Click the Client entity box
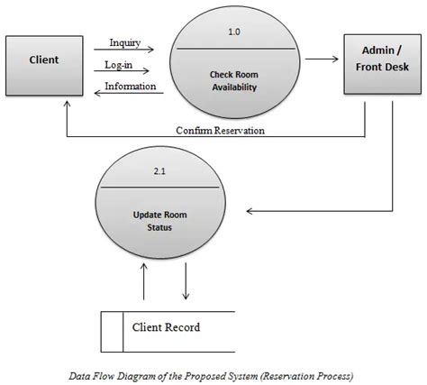pyautogui.click(x=44, y=61)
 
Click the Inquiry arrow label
pyautogui.click(x=123, y=42)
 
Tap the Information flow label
pyautogui.click(x=130, y=87)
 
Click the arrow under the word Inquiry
pyautogui.click(x=124, y=51)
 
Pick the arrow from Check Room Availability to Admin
pyautogui.click(x=322, y=61)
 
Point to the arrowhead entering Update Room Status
pyautogui.click(x=251, y=213)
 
